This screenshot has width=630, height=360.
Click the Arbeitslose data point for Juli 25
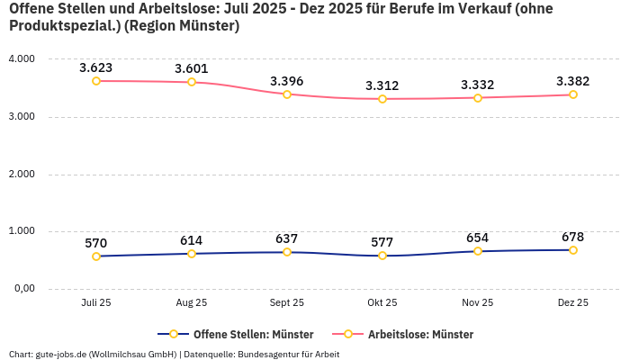pyautogui.click(x=96, y=81)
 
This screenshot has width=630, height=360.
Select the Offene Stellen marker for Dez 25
pyautogui.click(x=572, y=250)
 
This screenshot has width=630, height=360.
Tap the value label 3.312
pyautogui.click(x=382, y=85)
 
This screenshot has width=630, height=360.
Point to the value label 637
pyautogui.click(x=286, y=238)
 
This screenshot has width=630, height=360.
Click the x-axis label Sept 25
pyautogui.click(x=286, y=303)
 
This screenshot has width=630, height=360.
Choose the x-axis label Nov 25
pyautogui.click(x=477, y=303)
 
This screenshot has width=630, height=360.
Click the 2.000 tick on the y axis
pyautogui.click(x=21, y=174)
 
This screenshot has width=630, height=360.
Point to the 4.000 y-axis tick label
pyautogui.click(x=21, y=59)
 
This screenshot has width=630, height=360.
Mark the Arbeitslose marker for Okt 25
pyautogui.click(x=382, y=99)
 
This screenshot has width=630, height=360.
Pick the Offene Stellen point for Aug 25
pyautogui.click(x=192, y=254)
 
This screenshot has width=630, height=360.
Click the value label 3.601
pyautogui.click(x=192, y=68)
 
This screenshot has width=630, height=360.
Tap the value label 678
pyautogui.click(x=572, y=237)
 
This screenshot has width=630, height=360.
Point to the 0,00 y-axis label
pyautogui.click(x=22, y=289)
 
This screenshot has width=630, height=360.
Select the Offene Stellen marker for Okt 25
pyautogui.click(x=382, y=256)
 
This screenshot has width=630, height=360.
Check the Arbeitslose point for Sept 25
pyautogui.click(x=286, y=94)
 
